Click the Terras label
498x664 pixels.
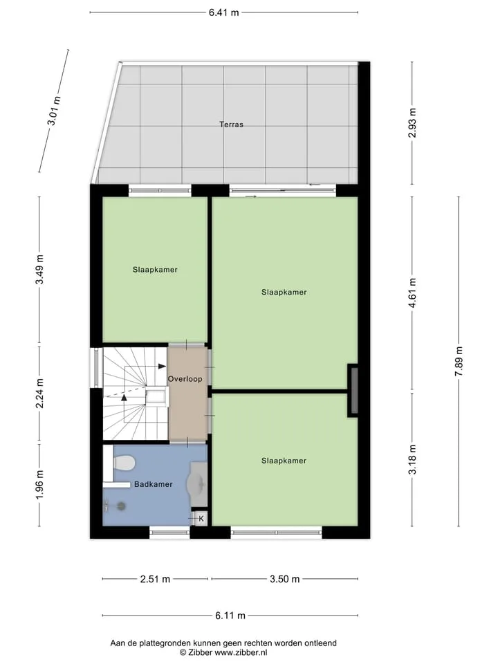(x=231, y=124)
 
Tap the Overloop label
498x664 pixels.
(x=185, y=379)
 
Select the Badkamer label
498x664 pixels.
(x=154, y=484)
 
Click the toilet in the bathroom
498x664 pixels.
(x=124, y=463)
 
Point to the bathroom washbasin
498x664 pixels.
(x=199, y=484)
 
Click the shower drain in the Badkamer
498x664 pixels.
(x=122, y=505)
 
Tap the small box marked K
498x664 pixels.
(x=201, y=518)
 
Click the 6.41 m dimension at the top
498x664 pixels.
(x=223, y=12)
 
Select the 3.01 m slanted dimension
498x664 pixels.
(x=54, y=111)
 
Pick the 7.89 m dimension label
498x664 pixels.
(x=459, y=361)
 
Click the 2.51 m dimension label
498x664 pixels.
(x=155, y=579)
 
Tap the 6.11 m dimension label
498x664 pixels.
(x=230, y=616)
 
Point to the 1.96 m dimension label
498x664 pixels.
(x=39, y=484)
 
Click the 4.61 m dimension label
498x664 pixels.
(x=412, y=293)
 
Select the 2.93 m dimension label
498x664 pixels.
(x=412, y=123)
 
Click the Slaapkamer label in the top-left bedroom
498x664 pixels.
(x=155, y=270)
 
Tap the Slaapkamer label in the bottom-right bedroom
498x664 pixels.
(x=284, y=461)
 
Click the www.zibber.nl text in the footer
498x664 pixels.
(x=241, y=652)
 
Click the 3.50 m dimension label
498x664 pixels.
(x=284, y=579)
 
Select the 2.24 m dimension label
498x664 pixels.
(x=39, y=394)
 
